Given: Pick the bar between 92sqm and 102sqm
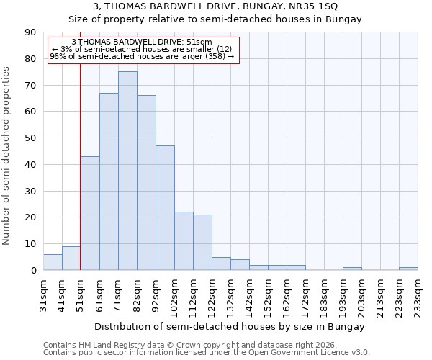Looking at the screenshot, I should pos(165,208).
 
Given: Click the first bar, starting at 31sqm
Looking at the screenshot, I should pos(53,262).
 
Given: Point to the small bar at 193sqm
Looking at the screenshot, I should pos(352,269).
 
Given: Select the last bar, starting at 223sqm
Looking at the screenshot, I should pos(408,269).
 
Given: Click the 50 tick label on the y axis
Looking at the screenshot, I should pos(30,138).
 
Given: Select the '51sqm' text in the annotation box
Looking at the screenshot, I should pos(198,42).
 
